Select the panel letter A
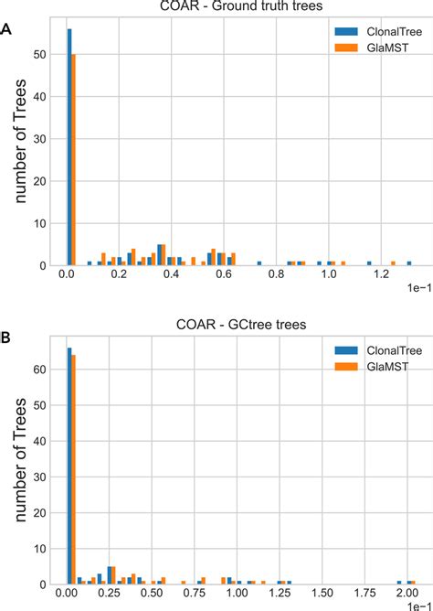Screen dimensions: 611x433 tap(7, 29)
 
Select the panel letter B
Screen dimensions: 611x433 tap(7, 338)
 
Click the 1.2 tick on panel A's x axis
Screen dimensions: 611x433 tap(377, 274)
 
